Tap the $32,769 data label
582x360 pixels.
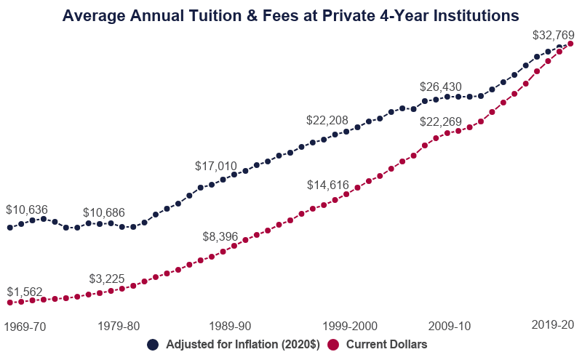click(x=554, y=34)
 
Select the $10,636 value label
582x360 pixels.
click(x=27, y=209)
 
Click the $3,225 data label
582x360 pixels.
click(x=110, y=279)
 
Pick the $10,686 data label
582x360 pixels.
click(x=104, y=212)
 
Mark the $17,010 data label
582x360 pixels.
click(x=216, y=166)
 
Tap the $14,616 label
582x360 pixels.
click(x=328, y=185)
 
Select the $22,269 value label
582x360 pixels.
click(x=441, y=121)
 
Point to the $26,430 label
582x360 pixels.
click(x=441, y=87)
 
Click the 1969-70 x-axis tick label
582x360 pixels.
click(x=25, y=327)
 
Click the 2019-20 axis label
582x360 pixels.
click(x=554, y=324)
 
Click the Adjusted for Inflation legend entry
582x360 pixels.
click(x=233, y=345)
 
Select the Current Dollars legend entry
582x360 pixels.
click(x=378, y=345)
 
